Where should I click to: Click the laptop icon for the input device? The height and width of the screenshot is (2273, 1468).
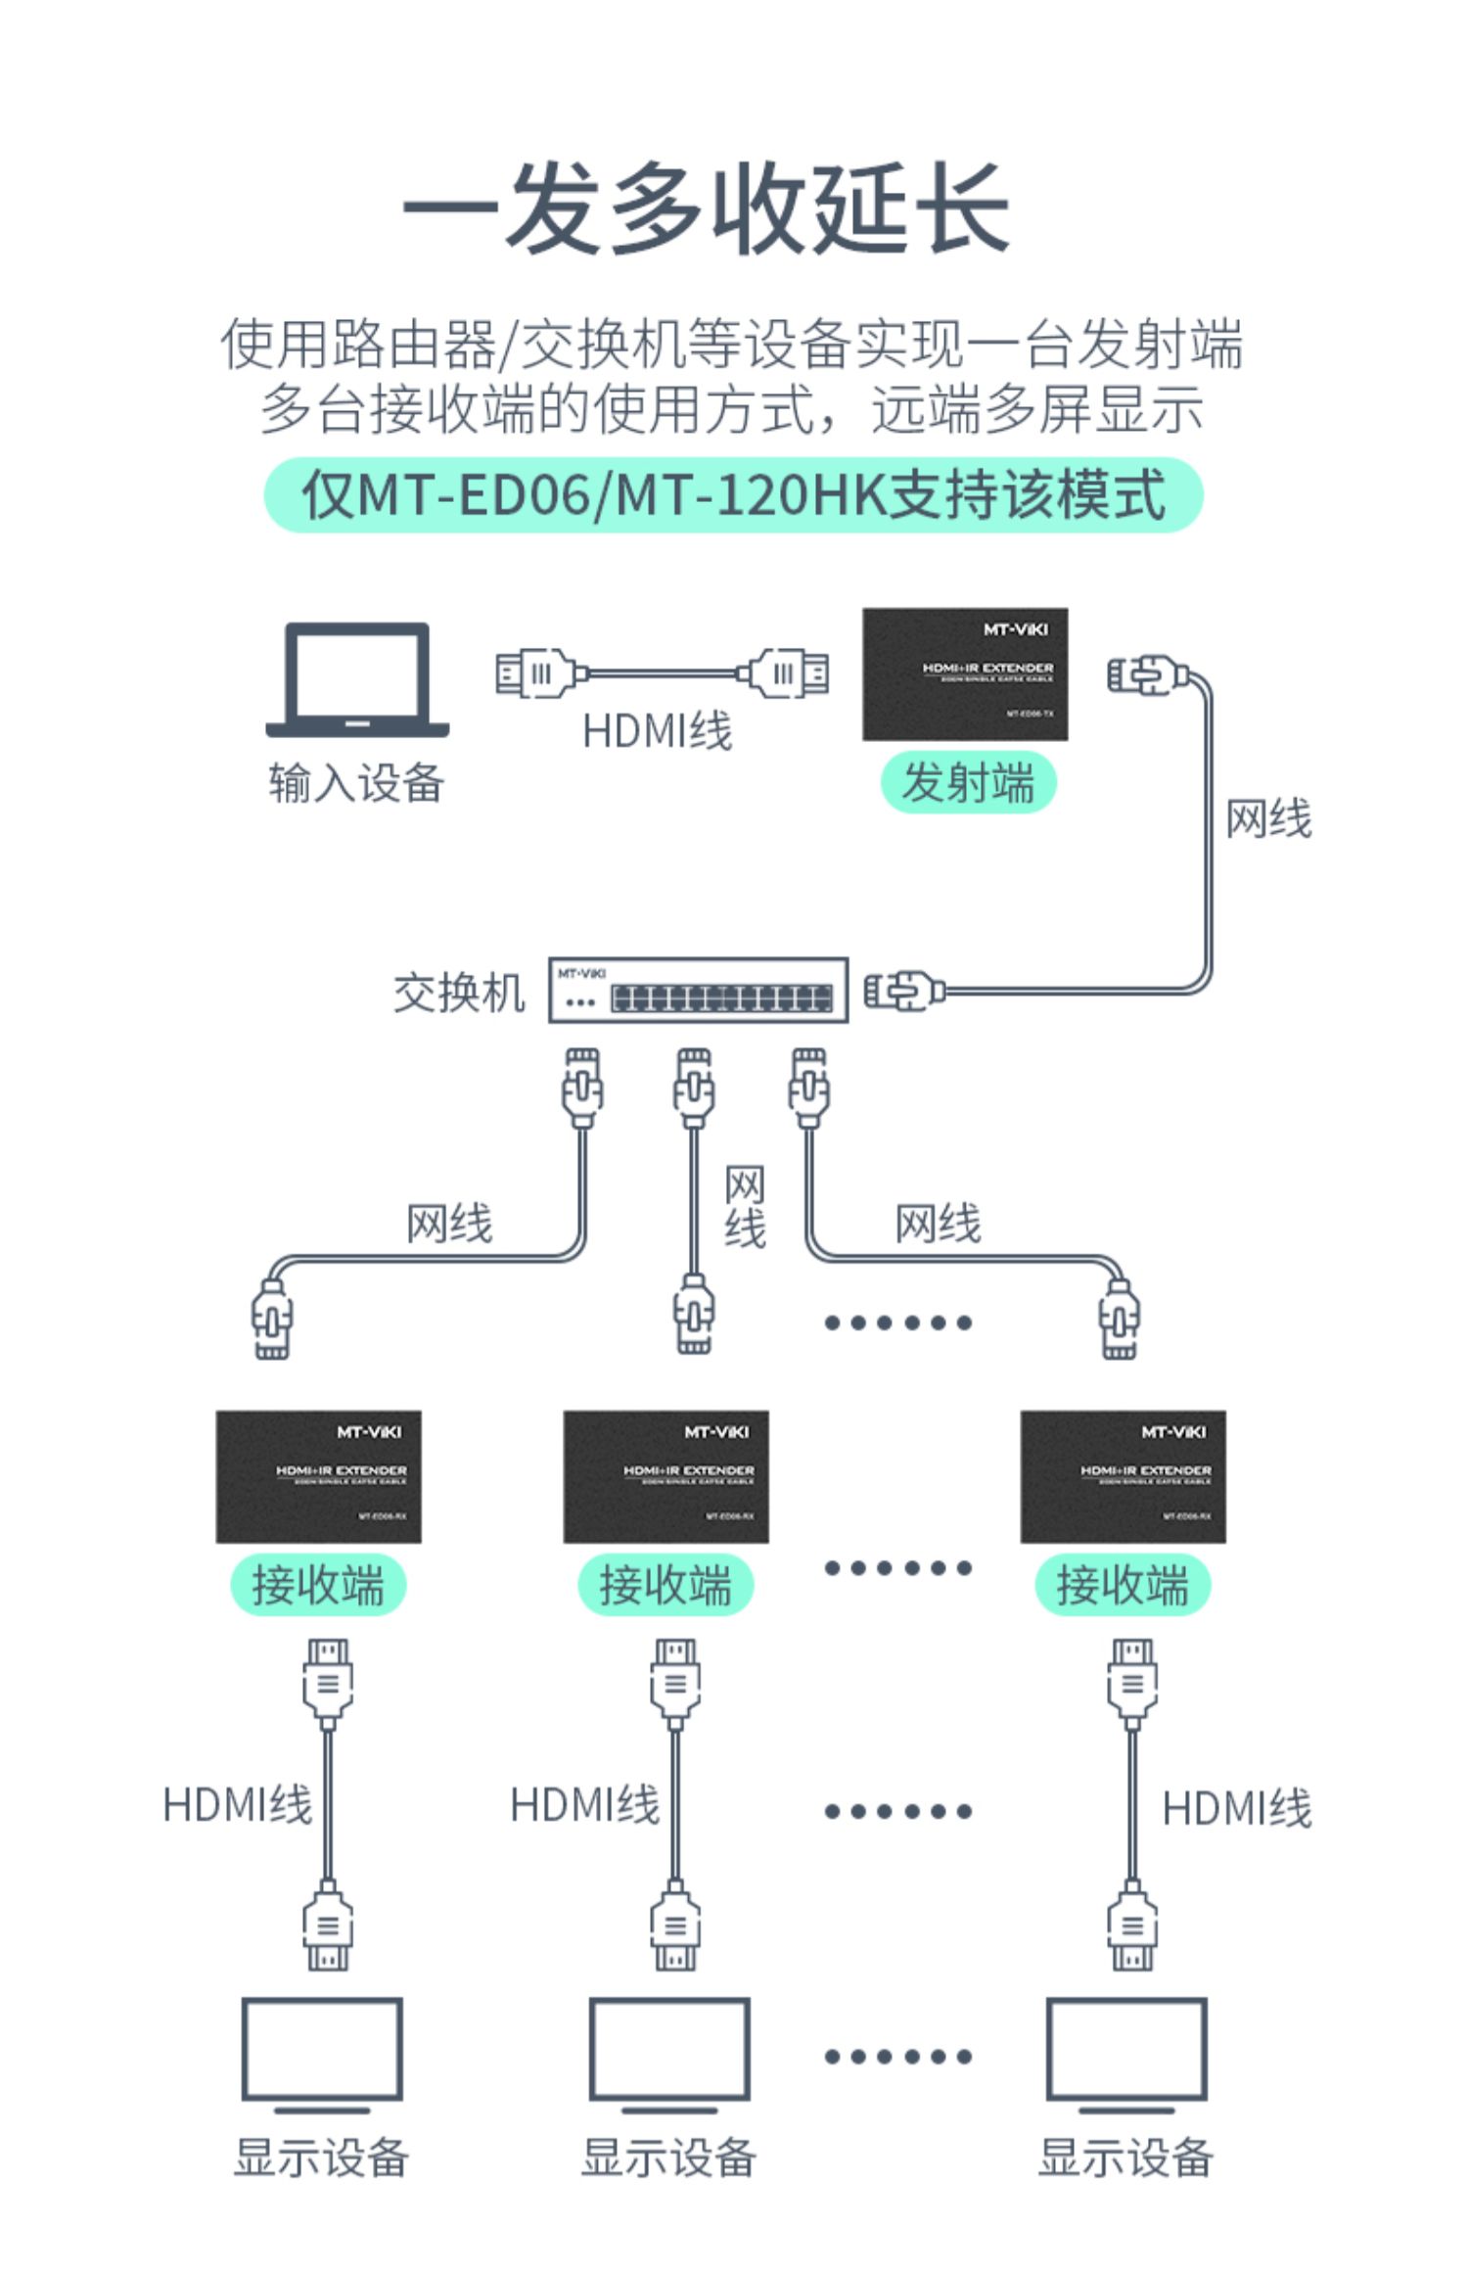tap(357, 679)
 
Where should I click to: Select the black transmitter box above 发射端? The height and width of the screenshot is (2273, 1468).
tap(965, 674)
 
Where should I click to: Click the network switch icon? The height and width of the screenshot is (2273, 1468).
tap(698, 991)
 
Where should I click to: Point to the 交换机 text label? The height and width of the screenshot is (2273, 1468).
tap(459, 993)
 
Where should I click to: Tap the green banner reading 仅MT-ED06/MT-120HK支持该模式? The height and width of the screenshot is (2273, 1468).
tap(734, 495)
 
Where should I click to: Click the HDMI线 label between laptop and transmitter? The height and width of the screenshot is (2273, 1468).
tap(657, 731)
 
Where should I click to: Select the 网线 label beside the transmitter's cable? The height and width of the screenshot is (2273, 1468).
tap(1268, 818)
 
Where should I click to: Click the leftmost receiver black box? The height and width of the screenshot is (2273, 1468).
tap(318, 1476)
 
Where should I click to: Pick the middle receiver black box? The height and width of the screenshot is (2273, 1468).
tap(665, 1476)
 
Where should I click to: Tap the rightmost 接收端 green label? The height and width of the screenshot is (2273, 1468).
tap(1123, 1585)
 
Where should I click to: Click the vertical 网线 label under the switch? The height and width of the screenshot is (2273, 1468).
tap(745, 1207)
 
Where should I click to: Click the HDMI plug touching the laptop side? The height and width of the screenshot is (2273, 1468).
tap(536, 673)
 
